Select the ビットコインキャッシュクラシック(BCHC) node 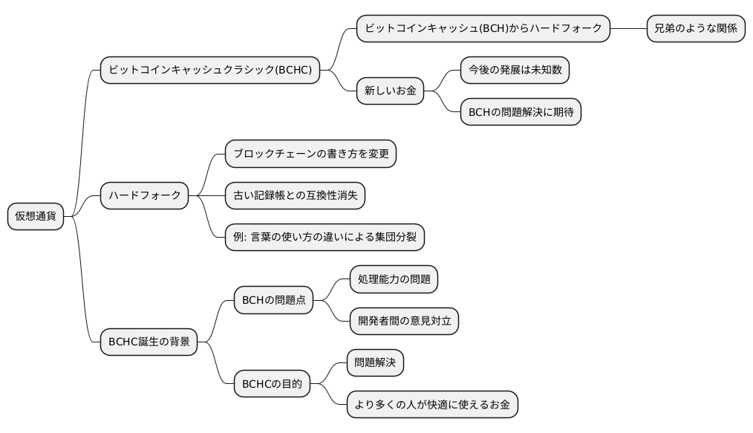[210, 71]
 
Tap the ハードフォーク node [144, 195]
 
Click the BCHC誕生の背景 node [149, 342]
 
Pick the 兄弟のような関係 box [695, 29]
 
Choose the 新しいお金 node [390, 91]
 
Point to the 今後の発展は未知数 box [515, 71]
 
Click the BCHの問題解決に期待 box [520, 112]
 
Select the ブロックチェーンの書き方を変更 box [310, 154]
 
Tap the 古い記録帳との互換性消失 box [295, 195]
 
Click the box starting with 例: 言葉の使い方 [325, 237]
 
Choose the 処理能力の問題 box [394, 280]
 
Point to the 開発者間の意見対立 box [404, 322]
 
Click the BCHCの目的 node [272, 384]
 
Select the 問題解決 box [375, 363]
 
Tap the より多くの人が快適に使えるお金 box [431, 405]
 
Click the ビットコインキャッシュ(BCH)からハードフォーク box [483, 29]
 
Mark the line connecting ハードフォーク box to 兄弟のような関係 [628, 29]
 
